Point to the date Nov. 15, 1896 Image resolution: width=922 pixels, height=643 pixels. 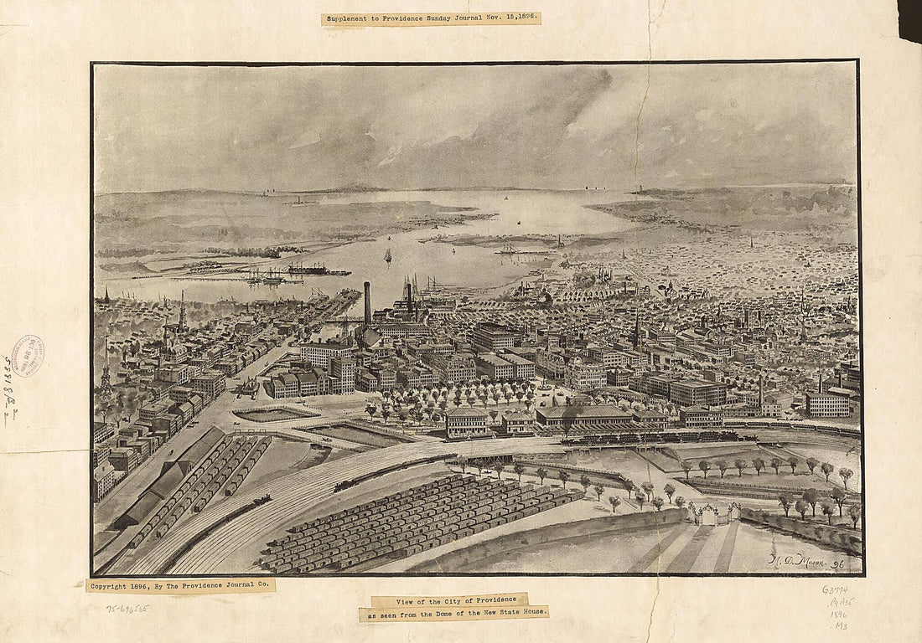pos(500,18)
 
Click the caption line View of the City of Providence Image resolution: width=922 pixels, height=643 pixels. pos(449,600)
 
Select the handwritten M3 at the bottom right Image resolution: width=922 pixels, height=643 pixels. pos(840,626)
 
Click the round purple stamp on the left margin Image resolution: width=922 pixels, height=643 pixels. pos(27,355)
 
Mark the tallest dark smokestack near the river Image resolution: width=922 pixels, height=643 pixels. pos(367,303)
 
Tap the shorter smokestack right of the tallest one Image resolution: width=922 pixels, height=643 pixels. pos(409,297)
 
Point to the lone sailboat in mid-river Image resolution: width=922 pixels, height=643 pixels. pos(387,255)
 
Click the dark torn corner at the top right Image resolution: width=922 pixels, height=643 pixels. pos(909,17)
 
